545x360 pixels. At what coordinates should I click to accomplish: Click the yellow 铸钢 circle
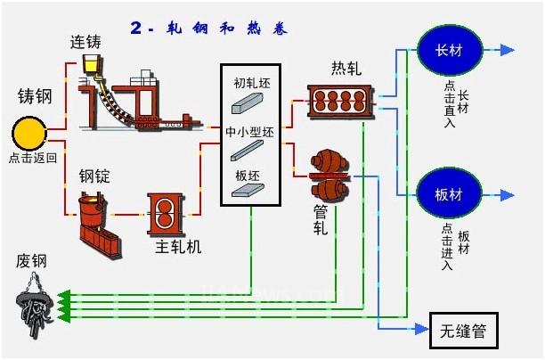pos(31,135)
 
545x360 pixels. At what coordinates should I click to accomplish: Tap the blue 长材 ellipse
pos(450,49)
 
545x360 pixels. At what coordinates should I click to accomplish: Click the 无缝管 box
pos(463,331)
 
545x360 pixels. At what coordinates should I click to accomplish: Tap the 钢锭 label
pos(94,176)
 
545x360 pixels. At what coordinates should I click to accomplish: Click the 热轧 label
pos(348,69)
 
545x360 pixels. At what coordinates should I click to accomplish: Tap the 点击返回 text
pos(32,158)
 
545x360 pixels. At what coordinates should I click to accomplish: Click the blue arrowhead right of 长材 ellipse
pos(507,49)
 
